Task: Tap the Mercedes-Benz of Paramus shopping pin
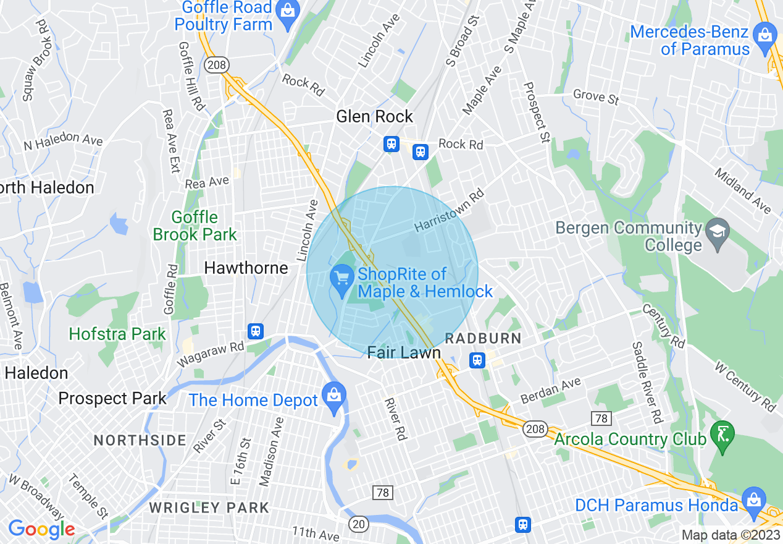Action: coord(765,35)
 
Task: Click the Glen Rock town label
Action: coord(374,116)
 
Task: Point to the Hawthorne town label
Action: coord(246,268)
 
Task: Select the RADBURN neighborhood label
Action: coord(484,338)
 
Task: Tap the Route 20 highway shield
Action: coord(358,524)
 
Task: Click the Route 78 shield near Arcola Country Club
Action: coord(601,419)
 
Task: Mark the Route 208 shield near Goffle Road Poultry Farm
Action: coord(218,64)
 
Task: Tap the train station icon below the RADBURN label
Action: coord(477,360)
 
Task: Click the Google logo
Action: coord(41,529)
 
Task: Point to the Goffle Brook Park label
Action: coord(195,226)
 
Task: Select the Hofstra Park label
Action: coord(117,334)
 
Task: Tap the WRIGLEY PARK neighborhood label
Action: coord(209,508)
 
